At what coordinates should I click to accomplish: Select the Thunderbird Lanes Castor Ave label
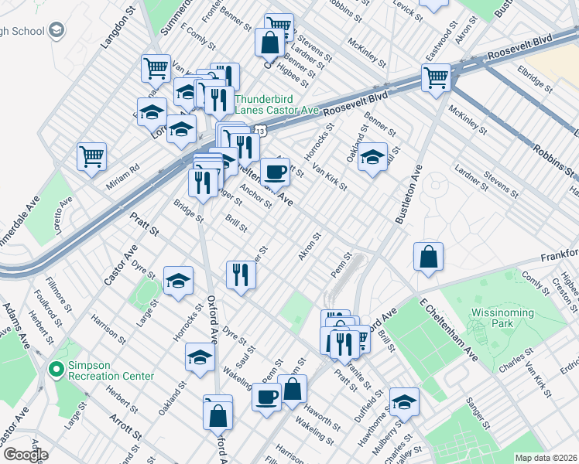coord(276,104)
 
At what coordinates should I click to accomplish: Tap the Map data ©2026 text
coord(546,457)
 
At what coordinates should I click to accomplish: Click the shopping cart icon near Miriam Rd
coord(92,156)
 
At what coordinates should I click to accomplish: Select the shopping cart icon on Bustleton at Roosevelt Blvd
coord(436,77)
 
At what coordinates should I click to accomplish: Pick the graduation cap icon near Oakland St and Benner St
coord(372,157)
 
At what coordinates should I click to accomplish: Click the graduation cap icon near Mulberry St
coord(404,401)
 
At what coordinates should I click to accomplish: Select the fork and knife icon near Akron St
coord(241,275)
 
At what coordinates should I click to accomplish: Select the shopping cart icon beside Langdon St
coord(156,67)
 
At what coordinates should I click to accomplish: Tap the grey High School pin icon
coord(56,29)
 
